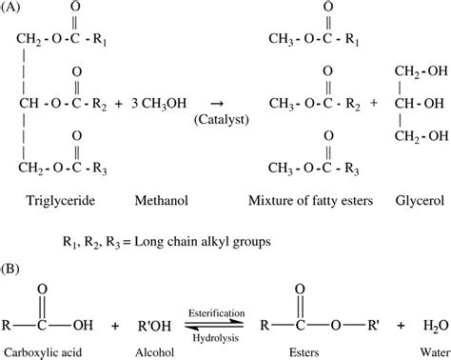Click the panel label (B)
13,270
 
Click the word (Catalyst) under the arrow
219,119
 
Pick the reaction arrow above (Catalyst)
219,103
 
